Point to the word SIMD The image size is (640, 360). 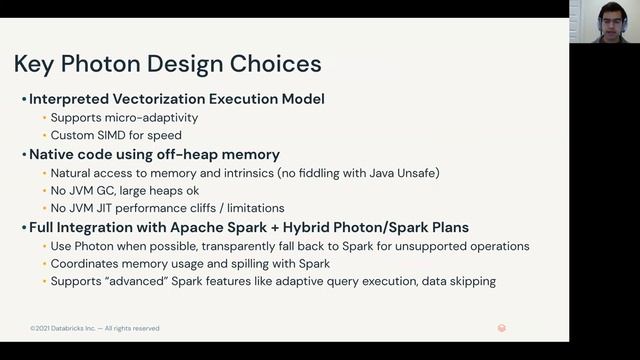point(111,135)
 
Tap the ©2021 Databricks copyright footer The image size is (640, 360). point(94,328)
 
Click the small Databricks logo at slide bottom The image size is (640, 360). point(501,328)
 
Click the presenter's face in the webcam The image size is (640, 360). point(604,20)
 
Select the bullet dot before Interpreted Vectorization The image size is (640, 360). point(23,100)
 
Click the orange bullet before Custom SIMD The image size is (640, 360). point(43,136)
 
